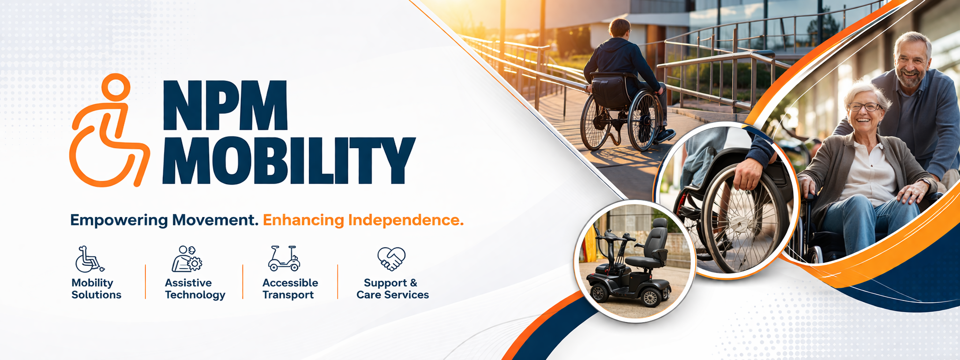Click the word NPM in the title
point(225,105)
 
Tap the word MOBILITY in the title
point(289,160)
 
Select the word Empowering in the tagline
point(119,220)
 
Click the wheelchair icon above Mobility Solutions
point(90,259)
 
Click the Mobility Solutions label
point(96,289)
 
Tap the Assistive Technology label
point(195,289)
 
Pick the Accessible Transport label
point(290,289)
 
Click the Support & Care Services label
point(393,289)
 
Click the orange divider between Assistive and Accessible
point(243,282)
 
